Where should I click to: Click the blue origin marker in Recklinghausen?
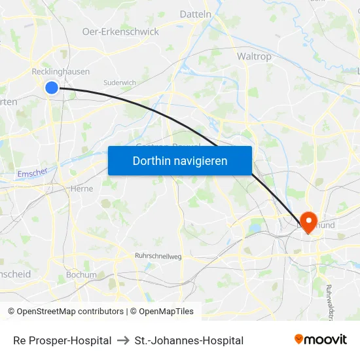click(52, 87)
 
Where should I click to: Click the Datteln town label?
click(195, 14)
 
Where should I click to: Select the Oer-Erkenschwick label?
click(120, 31)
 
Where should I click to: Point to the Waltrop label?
click(254, 56)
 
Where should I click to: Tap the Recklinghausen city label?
click(61, 71)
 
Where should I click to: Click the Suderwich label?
click(119, 82)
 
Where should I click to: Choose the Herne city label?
click(82, 189)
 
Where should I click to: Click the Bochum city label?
click(81, 275)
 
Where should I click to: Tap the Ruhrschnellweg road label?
click(157, 256)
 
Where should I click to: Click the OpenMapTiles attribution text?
click(164, 312)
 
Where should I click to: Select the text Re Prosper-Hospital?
click(62, 340)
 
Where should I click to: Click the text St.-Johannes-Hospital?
click(189, 340)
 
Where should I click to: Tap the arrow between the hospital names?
click(123, 340)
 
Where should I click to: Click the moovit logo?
click(321, 339)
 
